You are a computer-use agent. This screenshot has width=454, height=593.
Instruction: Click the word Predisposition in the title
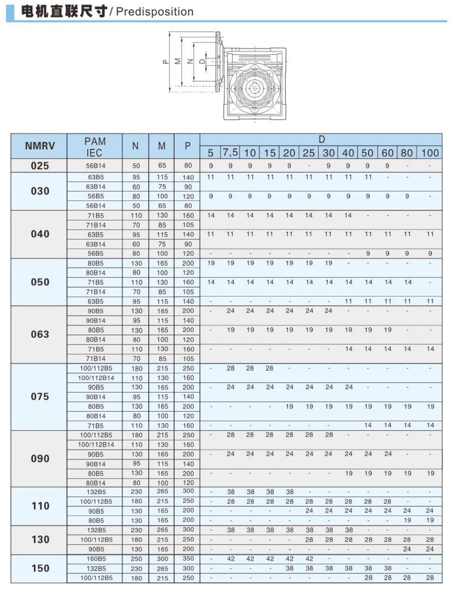click(155, 12)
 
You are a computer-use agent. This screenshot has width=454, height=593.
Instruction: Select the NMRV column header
click(39, 146)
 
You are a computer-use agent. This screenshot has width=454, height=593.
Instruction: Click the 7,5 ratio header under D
click(230, 153)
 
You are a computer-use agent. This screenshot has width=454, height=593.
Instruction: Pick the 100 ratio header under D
click(429, 153)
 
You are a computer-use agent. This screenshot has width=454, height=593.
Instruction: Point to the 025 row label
click(39, 165)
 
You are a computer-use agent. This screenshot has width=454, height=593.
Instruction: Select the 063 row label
click(39, 335)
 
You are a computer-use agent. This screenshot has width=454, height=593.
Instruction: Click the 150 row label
click(39, 569)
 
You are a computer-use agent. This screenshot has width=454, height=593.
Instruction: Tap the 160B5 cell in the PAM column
click(96, 559)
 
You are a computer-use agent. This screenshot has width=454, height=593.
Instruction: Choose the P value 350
click(188, 559)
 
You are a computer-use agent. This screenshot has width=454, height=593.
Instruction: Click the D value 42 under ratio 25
click(309, 559)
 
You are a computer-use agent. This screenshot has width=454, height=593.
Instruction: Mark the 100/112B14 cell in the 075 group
click(96, 378)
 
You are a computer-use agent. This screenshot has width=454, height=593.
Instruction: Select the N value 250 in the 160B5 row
click(136, 559)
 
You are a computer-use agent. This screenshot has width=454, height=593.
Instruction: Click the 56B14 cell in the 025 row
click(96, 166)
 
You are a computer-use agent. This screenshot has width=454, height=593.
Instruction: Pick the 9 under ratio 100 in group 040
click(430, 254)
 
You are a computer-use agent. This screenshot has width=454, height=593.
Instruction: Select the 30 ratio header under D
click(328, 153)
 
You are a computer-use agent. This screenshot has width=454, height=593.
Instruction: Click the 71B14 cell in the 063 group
click(96, 359)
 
